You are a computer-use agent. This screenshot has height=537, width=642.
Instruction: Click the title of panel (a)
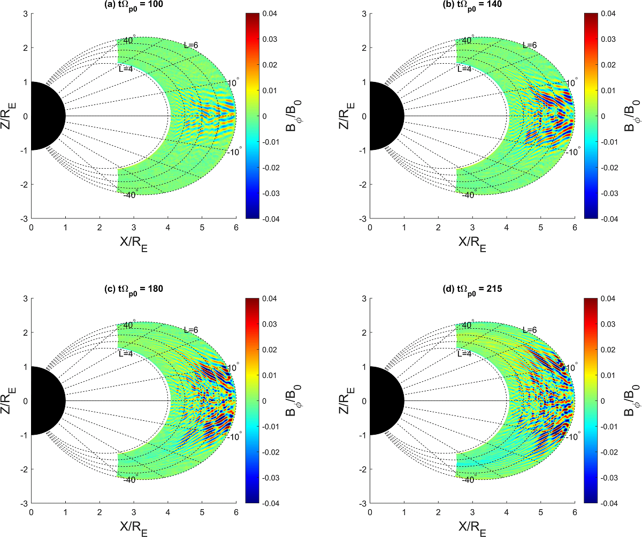[x=133, y=4]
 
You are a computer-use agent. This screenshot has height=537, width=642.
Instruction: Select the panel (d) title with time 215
[x=471, y=289]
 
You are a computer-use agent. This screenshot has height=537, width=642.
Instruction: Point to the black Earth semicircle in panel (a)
[x=45, y=116]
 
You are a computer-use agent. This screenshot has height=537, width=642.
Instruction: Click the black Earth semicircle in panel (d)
[x=383, y=400]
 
